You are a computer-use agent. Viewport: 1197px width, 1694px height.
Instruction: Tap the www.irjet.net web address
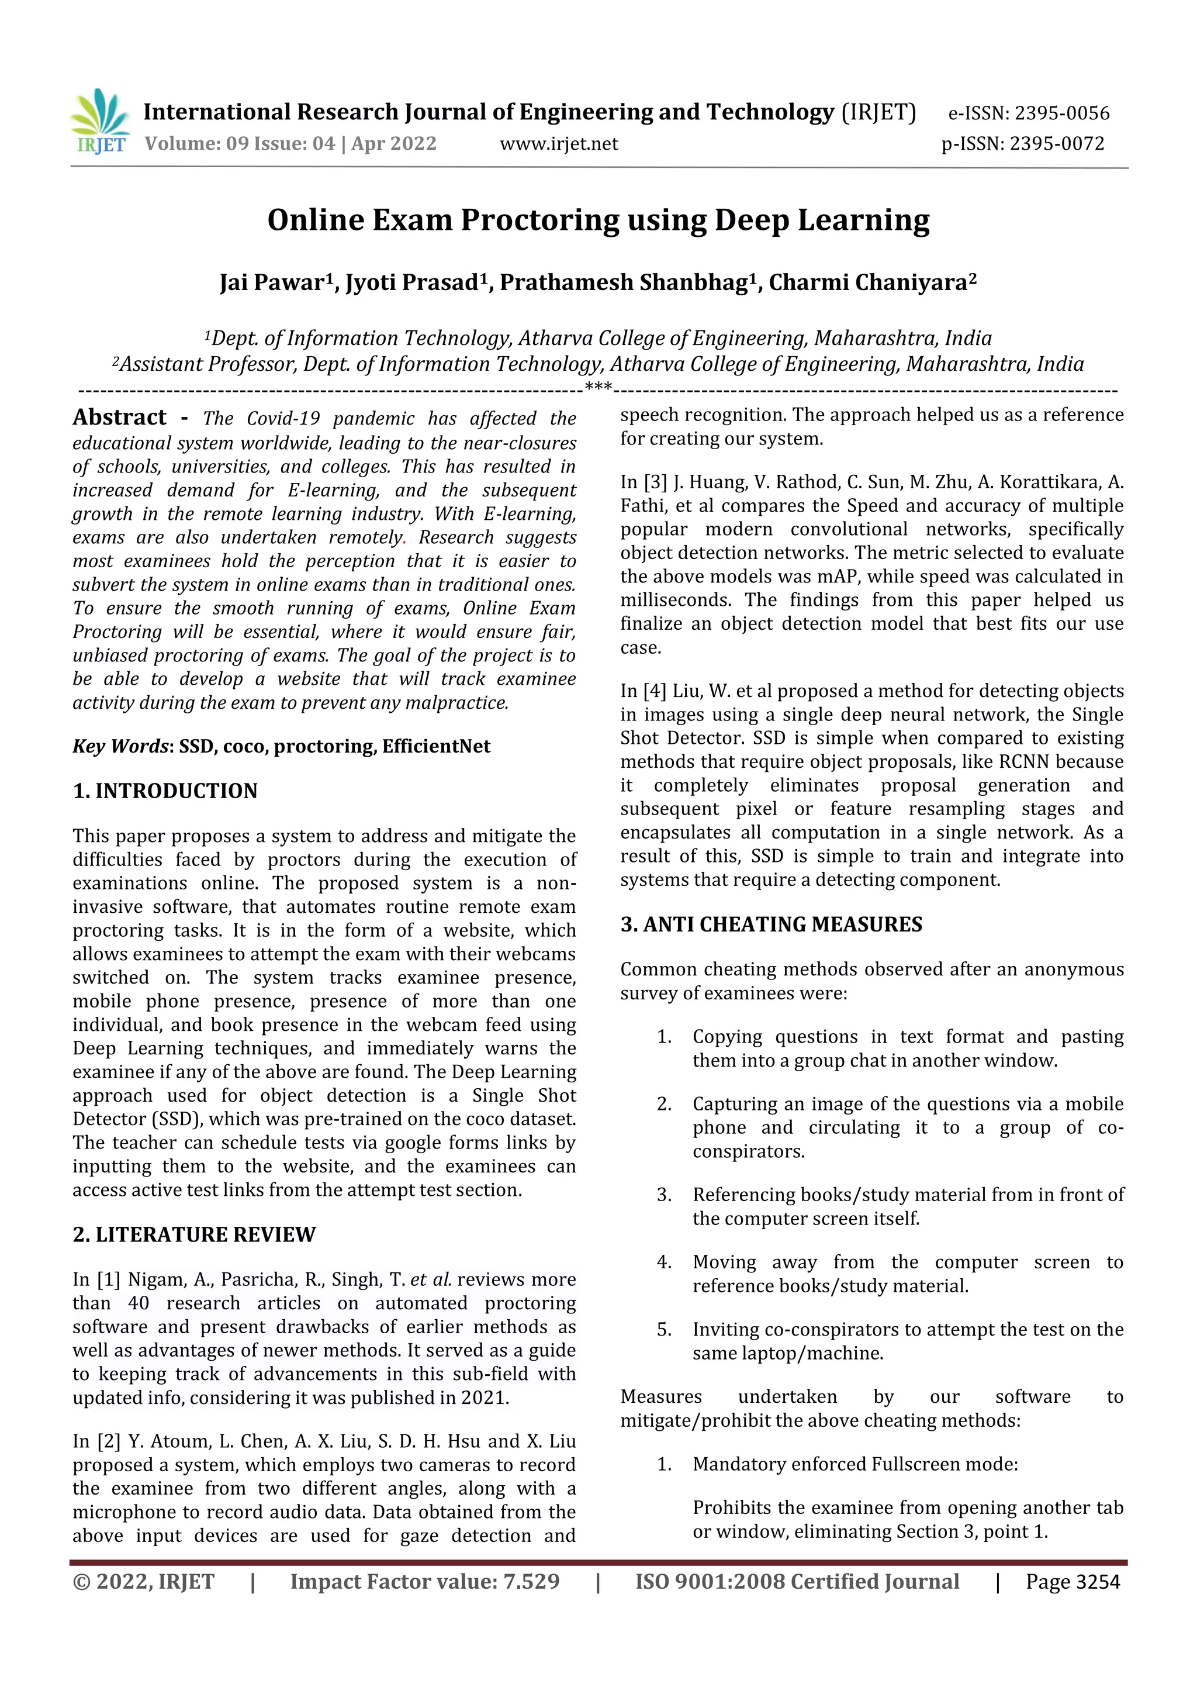(558, 144)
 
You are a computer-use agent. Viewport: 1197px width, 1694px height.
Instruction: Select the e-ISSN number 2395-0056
(1061, 113)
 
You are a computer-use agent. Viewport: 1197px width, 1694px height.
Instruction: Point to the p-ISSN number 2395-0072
(1056, 144)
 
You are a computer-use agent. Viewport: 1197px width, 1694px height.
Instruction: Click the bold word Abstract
(119, 417)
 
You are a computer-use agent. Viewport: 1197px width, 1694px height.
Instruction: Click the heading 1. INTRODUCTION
(165, 791)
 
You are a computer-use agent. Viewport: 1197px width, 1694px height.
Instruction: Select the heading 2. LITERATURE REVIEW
(194, 1234)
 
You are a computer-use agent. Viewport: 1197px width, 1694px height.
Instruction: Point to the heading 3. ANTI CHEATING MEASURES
(771, 924)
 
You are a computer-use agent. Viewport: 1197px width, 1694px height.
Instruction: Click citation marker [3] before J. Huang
(656, 482)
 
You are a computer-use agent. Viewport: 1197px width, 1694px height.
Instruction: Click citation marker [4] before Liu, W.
(655, 691)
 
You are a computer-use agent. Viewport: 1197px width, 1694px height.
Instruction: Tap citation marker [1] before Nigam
(108, 1279)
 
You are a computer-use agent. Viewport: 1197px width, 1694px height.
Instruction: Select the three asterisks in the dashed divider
(597, 387)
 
